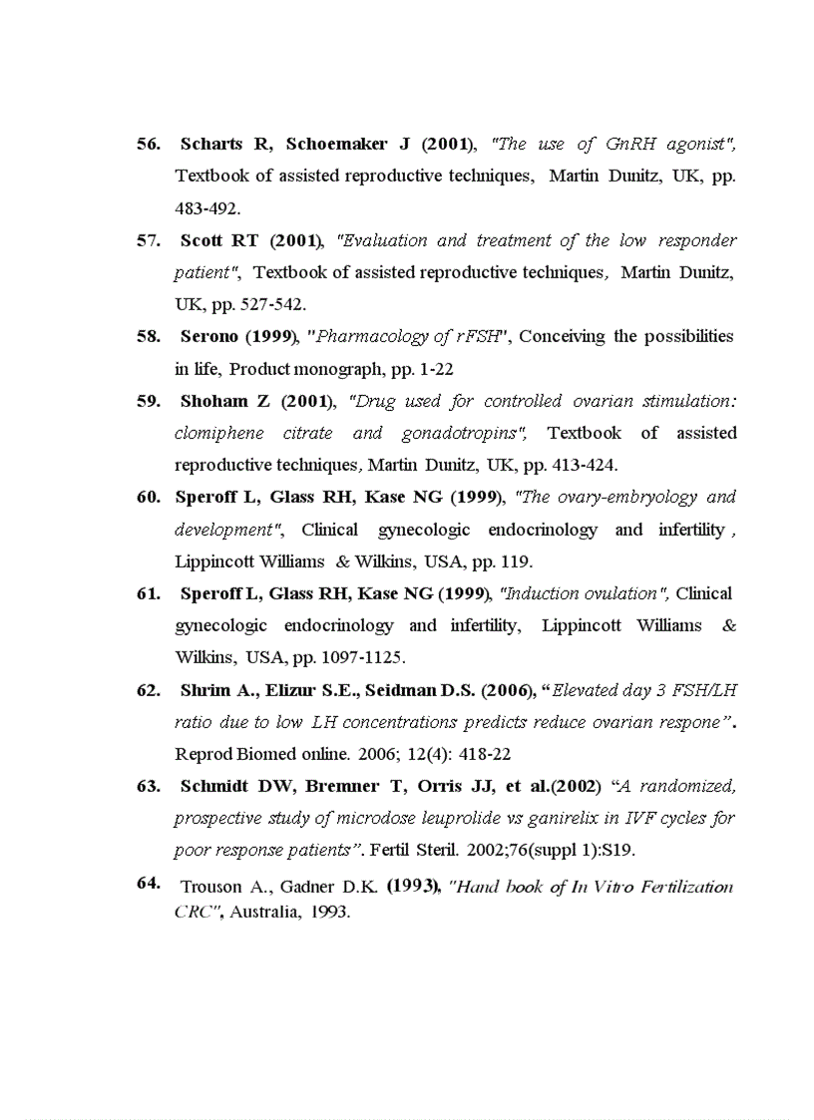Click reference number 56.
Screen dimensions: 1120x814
[x=148, y=145]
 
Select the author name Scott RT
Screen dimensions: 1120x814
[x=219, y=240]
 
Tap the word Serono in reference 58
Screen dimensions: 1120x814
[x=209, y=336]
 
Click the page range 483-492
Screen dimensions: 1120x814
[x=207, y=208]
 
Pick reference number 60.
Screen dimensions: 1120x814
[x=148, y=497]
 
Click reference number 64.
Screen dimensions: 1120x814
[x=149, y=883]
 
